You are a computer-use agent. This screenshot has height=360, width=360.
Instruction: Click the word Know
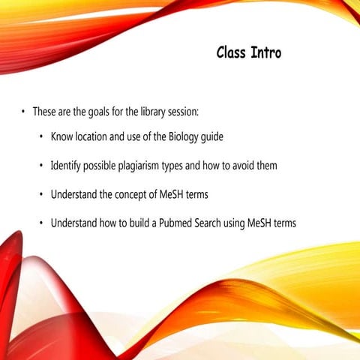pos(62,137)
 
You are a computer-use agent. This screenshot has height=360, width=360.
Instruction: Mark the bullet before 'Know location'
pos(40,138)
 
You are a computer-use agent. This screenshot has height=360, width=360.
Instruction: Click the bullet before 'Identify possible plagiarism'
pos(40,166)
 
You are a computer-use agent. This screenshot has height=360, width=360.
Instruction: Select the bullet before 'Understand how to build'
pos(40,223)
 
